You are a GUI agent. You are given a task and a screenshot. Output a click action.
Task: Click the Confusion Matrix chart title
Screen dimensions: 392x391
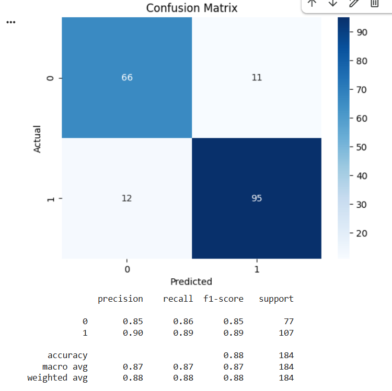192,8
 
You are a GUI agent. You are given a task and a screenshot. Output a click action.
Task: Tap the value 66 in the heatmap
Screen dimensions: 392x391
127,77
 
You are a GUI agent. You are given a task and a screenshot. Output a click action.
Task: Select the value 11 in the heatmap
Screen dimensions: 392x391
257,77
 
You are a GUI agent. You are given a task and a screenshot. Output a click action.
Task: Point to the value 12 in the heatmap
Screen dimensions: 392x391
127,198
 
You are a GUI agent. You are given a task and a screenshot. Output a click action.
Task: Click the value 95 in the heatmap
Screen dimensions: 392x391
257,198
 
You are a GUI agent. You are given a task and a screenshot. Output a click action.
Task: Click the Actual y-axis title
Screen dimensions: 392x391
37,139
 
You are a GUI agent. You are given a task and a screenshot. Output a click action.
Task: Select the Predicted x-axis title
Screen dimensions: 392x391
191,282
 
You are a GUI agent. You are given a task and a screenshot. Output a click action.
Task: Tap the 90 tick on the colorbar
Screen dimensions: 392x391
362,32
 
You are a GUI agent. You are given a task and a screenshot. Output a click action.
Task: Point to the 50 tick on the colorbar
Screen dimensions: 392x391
362,147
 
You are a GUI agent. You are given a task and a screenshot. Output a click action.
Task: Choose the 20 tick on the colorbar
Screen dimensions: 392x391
362,233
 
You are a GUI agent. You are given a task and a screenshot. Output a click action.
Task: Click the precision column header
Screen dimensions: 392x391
120,299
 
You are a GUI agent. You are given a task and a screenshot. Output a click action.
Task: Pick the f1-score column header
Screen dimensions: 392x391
223,299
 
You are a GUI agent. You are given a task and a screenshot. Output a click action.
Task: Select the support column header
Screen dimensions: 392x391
276,299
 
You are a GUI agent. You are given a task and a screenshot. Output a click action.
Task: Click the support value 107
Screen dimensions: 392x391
286,333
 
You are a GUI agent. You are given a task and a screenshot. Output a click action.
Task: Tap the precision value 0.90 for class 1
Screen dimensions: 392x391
133,333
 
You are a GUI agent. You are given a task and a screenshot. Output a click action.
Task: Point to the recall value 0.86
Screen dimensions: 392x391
183,322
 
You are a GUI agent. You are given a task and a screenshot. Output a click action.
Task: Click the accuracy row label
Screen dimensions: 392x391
67,356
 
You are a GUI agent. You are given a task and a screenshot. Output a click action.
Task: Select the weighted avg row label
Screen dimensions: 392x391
57,378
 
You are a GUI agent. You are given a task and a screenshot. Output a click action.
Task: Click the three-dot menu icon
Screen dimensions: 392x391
11,22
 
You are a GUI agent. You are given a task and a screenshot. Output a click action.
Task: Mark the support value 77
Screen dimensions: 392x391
289,322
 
